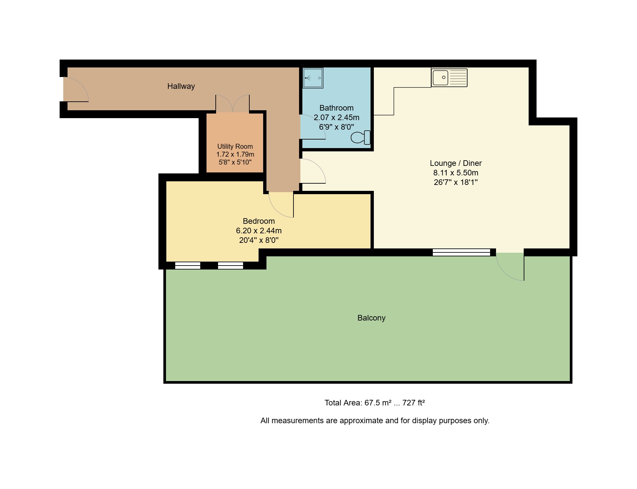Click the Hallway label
coord(181,86)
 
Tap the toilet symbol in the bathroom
coord(360,138)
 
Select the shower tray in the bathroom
coord(313,78)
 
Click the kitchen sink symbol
coord(449,78)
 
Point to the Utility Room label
coord(235,146)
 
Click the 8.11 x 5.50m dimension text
coord(456,173)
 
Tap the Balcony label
coord(371,318)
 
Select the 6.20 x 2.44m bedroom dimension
coord(259,231)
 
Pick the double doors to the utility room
coord(233,103)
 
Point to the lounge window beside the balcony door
coord(461,252)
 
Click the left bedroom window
coord(187,266)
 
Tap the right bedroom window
coord(231,266)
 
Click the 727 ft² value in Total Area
coord(413,403)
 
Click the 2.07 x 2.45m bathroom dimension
coord(336,117)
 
